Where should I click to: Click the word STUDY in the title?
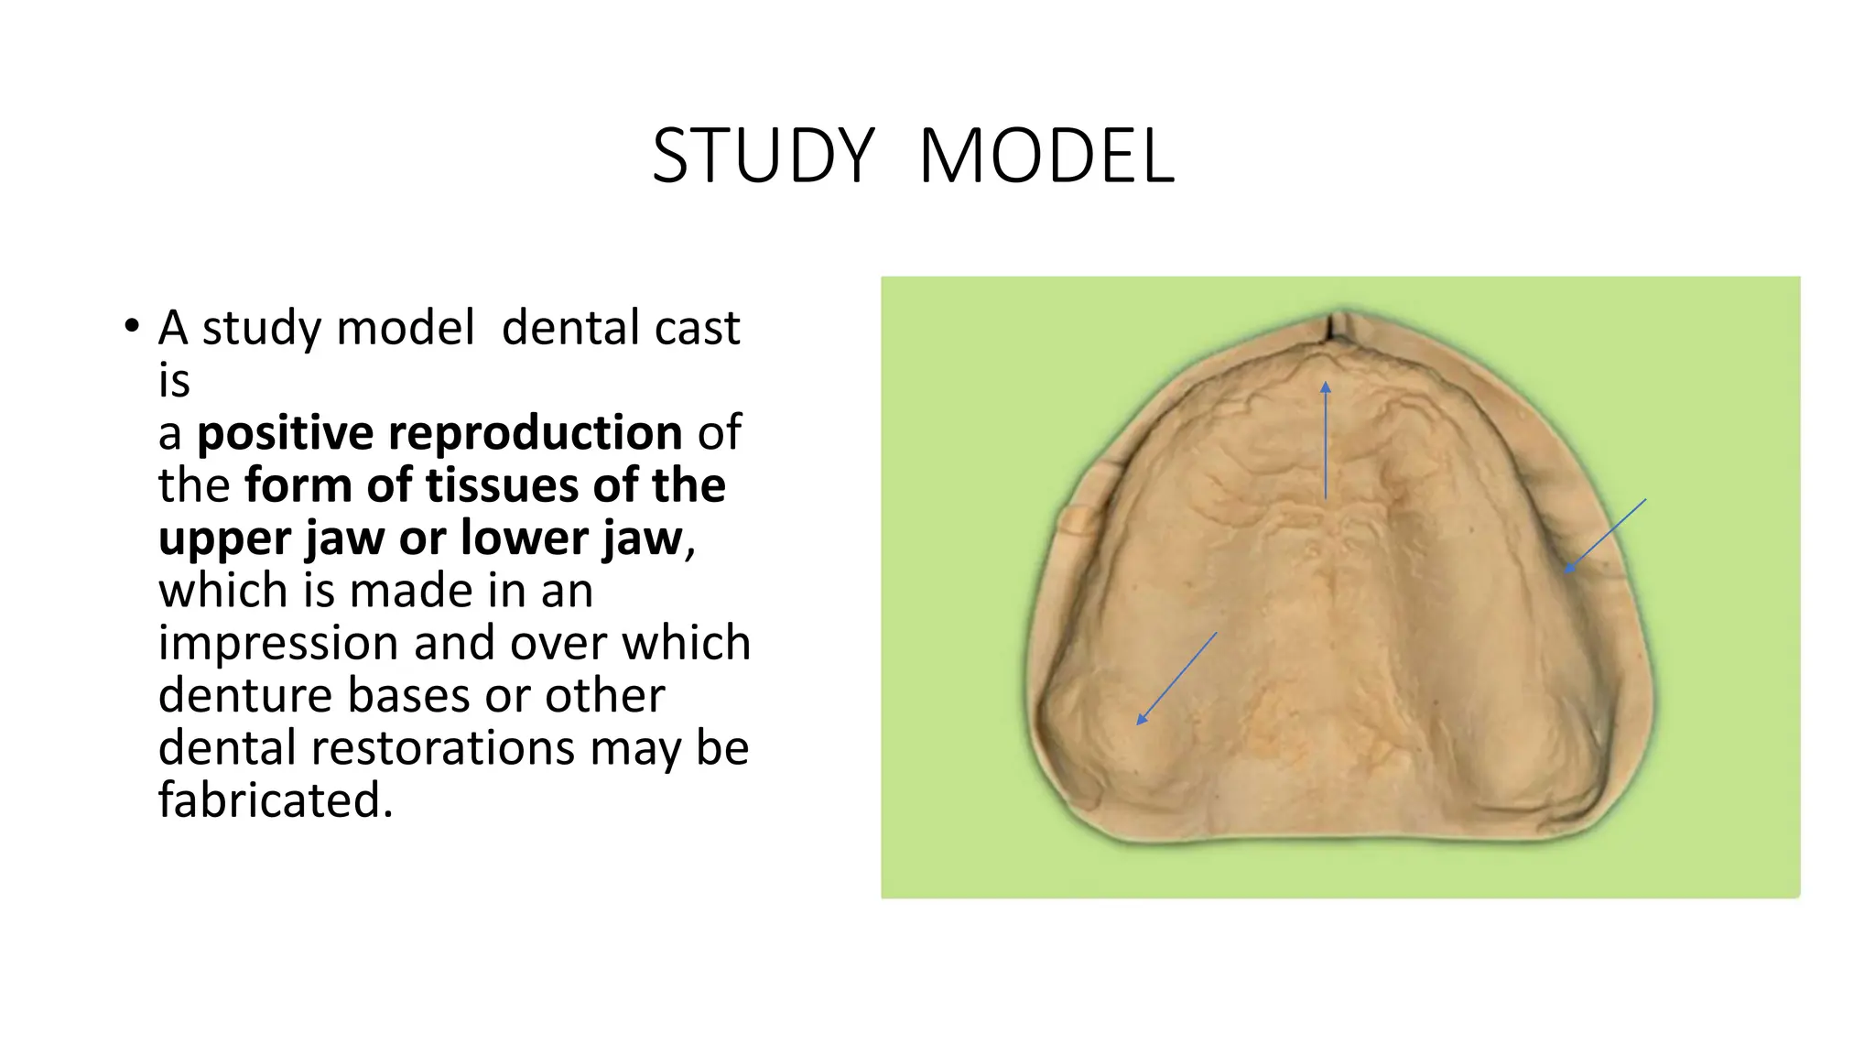tap(764, 156)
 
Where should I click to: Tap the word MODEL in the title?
tap(1046, 156)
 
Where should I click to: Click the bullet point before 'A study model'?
tap(133, 326)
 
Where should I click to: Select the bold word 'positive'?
tap(285, 433)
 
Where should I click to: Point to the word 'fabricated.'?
tap(275, 800)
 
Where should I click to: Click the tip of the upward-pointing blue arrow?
tap(1326, 385)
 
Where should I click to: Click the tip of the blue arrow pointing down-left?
tap(1139, 723)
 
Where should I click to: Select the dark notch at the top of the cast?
tap(1332, 328)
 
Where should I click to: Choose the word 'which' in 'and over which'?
tap(686, 644)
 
